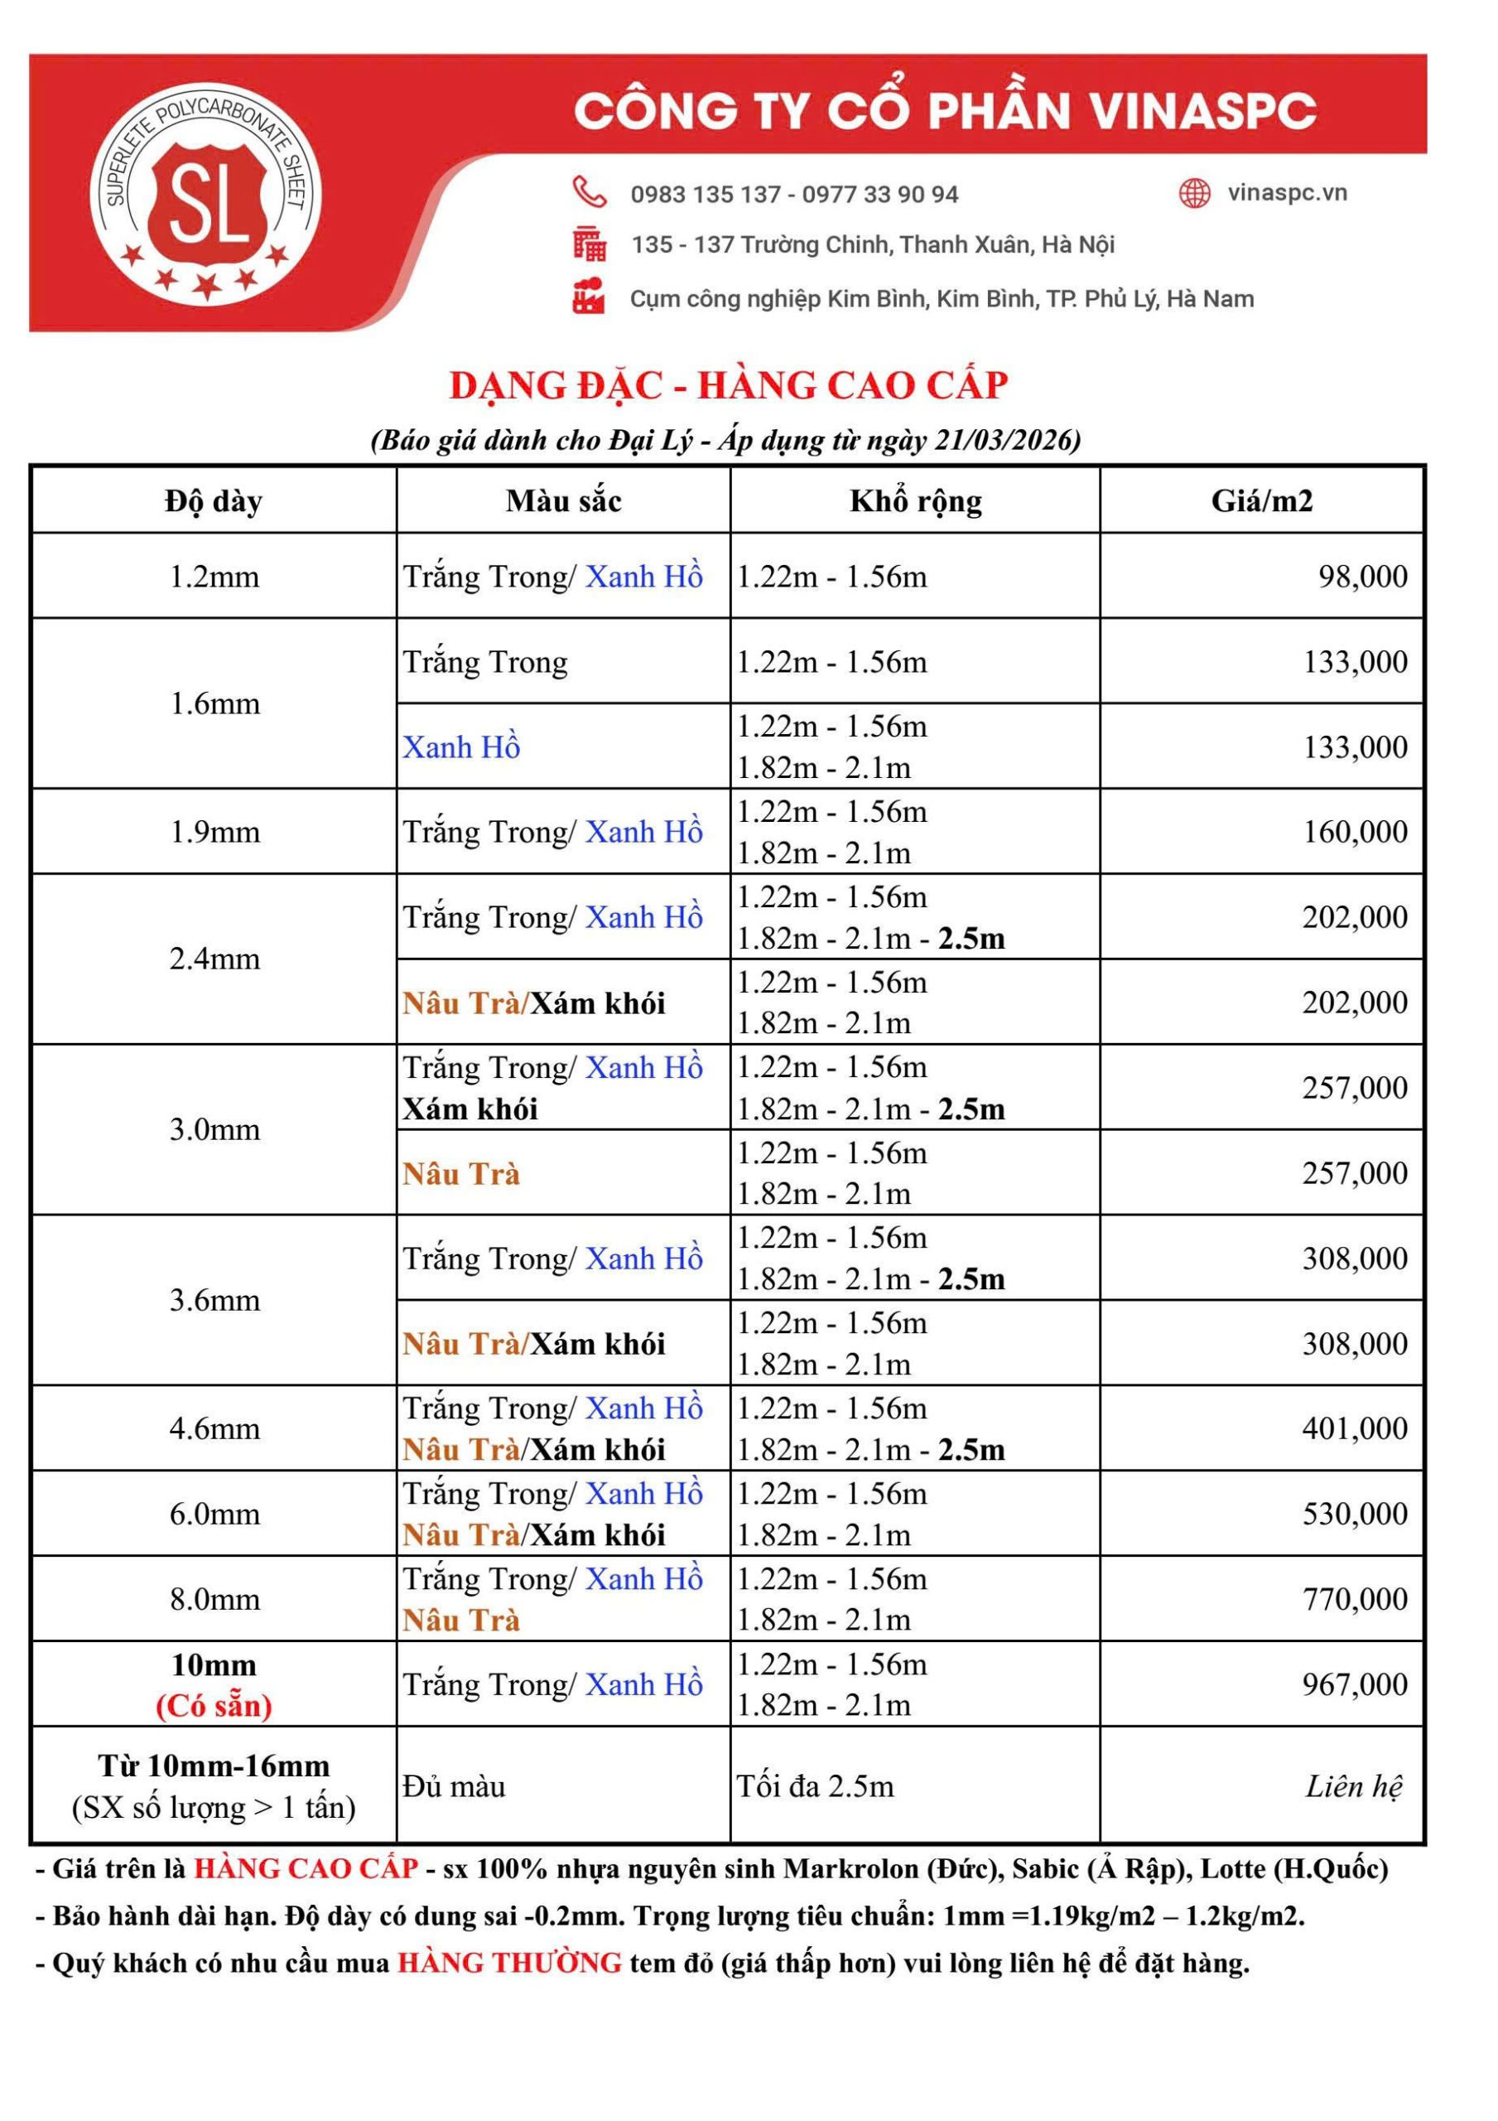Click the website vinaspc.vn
point(1287,193)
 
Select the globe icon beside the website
point(1194,193)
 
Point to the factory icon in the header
point(588,297)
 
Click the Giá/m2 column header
point(1261,500)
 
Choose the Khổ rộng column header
point(915,500)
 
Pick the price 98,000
point(1362,577)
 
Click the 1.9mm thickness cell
point(214,831)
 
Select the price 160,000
point(1355,831)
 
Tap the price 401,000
point(1355,1428)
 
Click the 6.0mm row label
point(214,1513)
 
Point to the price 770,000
point(1355,1599)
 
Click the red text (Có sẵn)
point(214,1705)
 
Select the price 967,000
point(1355,1684)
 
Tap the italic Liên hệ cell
point(1353,1785)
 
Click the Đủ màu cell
point(455,1785)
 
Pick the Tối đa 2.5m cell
point(816,1785)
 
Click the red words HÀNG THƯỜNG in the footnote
point(510,1962)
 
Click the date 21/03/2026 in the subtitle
point(1007,440)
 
